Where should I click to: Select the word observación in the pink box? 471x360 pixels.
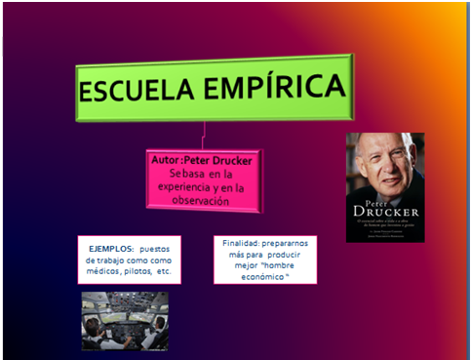[x=204, y=201]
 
